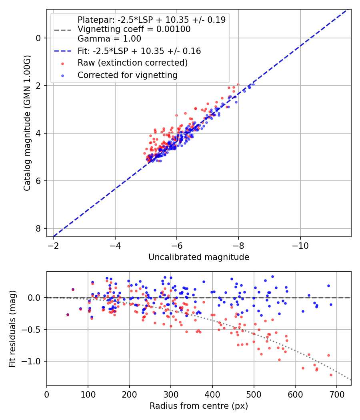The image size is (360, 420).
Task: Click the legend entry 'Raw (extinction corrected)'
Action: click(x=132, y=63)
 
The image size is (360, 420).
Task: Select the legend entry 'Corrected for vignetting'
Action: click(x=128, y=75)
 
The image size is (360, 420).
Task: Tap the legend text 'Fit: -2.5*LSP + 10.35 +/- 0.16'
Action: click(x=139, y=51)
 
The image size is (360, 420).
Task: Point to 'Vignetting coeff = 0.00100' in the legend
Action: click(x=134, y=29)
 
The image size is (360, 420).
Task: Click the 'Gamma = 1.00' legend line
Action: click(x=109, y=39)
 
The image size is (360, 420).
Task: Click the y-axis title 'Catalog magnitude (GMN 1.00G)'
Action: click(x=27, y=122)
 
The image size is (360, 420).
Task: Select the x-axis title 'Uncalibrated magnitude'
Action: click(x=199, y=257)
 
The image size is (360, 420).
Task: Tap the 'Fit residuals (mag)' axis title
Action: click(x=12, y=328)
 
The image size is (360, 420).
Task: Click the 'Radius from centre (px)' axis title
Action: click(x=199, y=406)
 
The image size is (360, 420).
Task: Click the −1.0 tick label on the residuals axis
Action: click(x=34, y=361)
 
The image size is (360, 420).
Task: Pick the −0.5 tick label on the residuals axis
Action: click(x=34, y=330)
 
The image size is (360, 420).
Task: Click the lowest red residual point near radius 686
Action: click(x=331, y=375)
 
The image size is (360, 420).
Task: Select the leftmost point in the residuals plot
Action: click(x=68, y=315)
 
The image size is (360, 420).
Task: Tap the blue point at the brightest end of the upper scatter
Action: click(x=253, y=84)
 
